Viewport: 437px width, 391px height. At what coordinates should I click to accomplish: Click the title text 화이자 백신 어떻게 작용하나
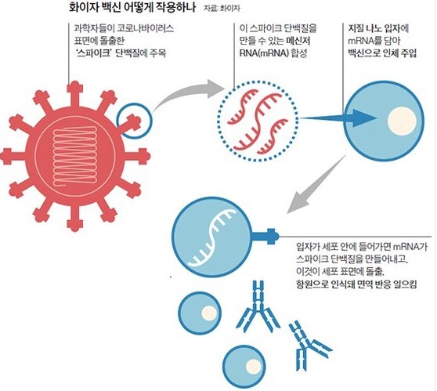pyautogui.click(x=132, y=7)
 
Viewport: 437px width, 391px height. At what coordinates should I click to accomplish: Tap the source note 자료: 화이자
pyautogui.click(x=222, y=9)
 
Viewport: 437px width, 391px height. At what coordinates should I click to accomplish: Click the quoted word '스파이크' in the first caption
pyautogui.click(x=93, y=52)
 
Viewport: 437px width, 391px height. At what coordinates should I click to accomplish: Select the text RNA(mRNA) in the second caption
pyautogui.click(x=264, y=53)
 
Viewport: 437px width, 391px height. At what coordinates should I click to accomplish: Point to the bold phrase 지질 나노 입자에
pyautogui.click(x=378, y=28)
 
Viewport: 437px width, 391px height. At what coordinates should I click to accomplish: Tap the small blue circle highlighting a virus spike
pyautogui.click(x=135, y=121)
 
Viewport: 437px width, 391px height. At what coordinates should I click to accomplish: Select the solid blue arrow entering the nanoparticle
pyautogui.click(x=338, y=118)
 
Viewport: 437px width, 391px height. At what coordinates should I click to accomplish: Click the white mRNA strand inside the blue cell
pyautogui.click(x=212, y=237)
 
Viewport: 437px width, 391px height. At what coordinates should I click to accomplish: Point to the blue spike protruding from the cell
pyautogui.click(x=265, y=237)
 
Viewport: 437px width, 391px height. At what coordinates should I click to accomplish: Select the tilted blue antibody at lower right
pyautogui.click(x=308, y=346)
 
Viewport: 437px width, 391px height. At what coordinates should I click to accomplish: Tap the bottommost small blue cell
pyautogui.click(x=244, y=367)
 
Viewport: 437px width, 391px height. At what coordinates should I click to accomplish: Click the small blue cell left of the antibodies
pyautogui.click(x=200, y=313)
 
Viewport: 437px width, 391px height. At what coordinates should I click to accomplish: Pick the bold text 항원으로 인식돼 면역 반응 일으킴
pyautogui.click(x=356, y=284)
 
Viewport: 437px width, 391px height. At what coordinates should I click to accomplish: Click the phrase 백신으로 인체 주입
pyautogui.click(x=382, y=53)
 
